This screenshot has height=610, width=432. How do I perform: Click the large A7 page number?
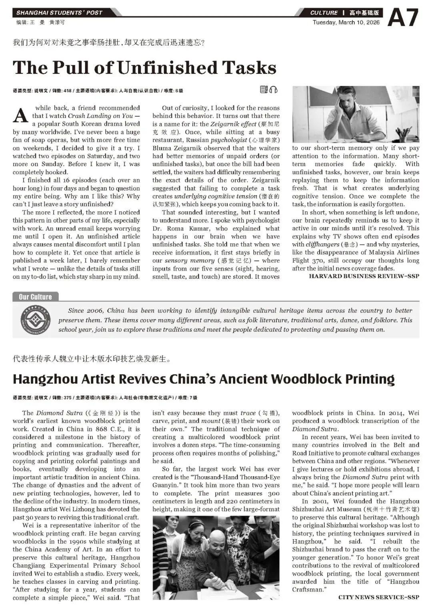click(x=403, y=18)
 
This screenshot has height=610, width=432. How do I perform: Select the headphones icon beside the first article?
click(x=274, y=90)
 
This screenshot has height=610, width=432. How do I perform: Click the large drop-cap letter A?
click(x=20, y=115)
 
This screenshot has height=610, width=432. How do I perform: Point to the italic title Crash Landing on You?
click(x=100, y=116)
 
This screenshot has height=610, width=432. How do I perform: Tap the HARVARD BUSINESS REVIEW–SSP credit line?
click(x=364, y=276)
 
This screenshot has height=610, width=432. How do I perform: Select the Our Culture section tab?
click(x=35, y=297)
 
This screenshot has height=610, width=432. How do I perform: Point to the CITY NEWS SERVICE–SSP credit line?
click(x=378, y=597)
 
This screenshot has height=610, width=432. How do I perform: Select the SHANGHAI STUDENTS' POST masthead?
click(x=59, y=13)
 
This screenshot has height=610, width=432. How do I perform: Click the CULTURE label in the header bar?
click(x=324, y=13)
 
